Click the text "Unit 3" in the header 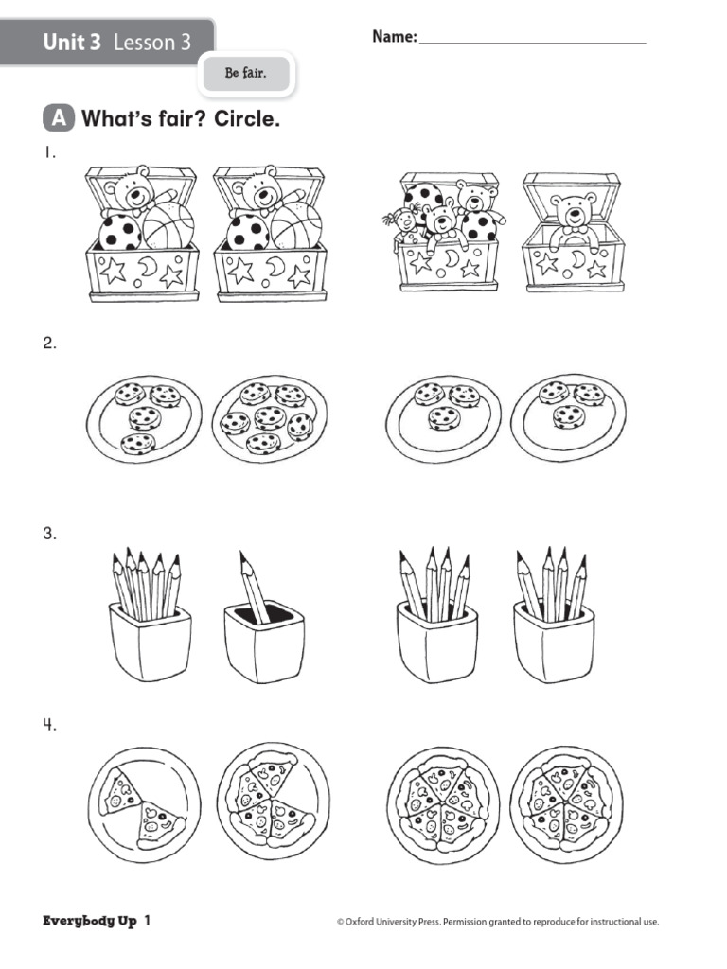[x=71, y=43]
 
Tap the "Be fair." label [x=245, y=73]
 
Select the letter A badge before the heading [x=59, y=119]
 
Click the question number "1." [x=48, y=153]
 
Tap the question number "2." [x=49, y=344]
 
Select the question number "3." [x=49, y=534]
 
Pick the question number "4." [x=49, y=726]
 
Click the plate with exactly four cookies [x=142, y=417]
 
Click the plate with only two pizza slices [x=143, y=804]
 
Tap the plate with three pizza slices [x=273, y=800]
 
